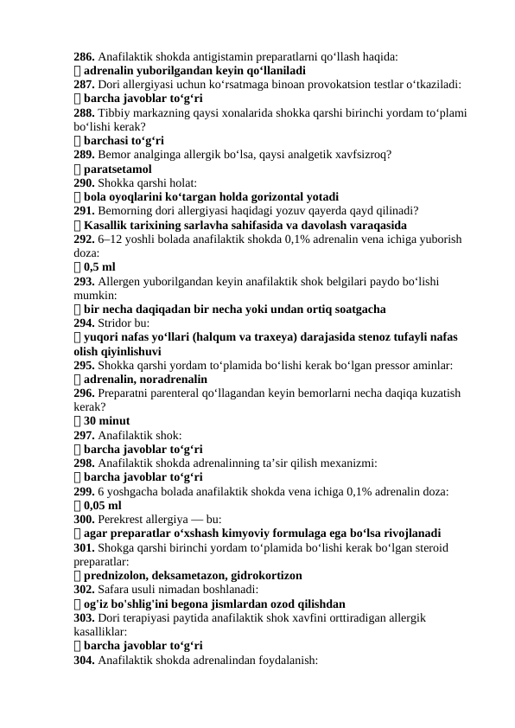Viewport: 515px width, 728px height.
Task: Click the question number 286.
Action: coord(84,56)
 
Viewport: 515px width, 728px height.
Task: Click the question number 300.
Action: coord(84,519)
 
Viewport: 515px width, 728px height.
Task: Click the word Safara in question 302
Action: coord(116,589)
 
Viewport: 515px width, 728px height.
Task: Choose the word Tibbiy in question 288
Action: coord(115,112)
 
